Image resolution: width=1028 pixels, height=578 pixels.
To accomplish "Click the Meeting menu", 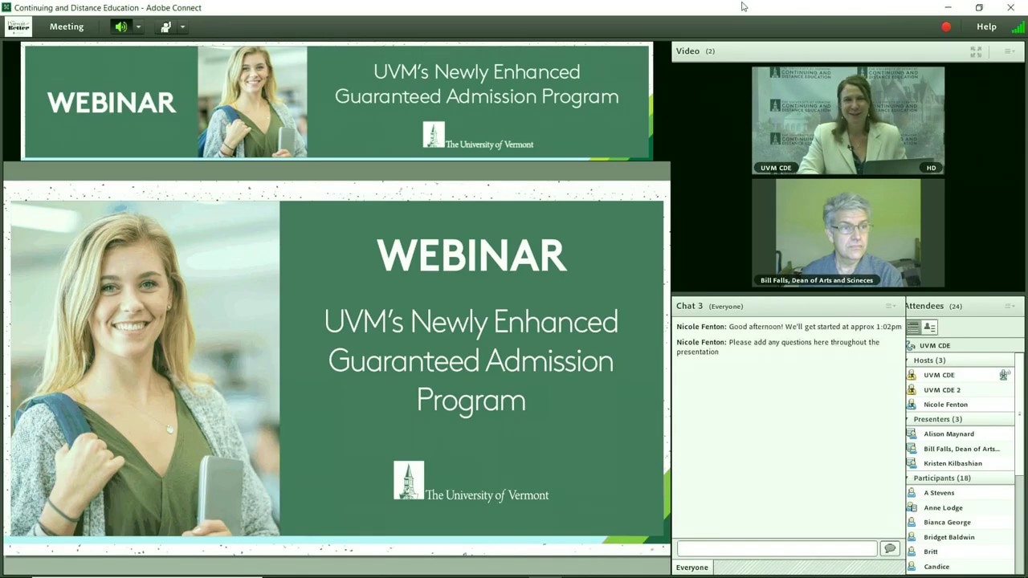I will coord(66,26).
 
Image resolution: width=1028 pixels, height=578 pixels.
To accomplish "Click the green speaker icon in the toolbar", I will coord(120,26).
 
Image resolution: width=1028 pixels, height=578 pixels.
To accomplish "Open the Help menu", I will coord(986,26).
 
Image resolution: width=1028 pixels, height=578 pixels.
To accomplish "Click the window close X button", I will coord(1010,7).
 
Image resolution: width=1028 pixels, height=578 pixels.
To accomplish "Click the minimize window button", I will coord(948,7).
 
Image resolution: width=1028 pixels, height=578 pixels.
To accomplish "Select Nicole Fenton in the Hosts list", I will coord(945,405).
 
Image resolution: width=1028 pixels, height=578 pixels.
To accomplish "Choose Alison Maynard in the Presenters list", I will coord(948,434).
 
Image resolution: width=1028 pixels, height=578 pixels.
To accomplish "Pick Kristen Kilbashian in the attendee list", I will coord(953,463).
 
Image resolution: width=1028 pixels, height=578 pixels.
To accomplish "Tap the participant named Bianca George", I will coord(947,523).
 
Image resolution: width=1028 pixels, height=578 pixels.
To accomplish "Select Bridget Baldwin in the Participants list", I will coord(948,537).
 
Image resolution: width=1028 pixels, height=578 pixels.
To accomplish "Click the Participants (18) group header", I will coord(941,478).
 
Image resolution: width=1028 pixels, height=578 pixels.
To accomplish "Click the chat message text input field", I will coord(777,548).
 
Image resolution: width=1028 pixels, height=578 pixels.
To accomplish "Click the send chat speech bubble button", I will coord(889,548).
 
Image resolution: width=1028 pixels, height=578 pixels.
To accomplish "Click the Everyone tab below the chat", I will coord(692,568).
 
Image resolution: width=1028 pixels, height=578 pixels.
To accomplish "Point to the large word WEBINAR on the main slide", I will coord(471,255).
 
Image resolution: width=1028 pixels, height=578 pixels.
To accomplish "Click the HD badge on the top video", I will coord(931,168).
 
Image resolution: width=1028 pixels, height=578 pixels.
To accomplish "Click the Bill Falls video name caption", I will coord(816,280).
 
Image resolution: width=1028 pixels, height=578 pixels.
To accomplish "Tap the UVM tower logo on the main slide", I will coord(409,480).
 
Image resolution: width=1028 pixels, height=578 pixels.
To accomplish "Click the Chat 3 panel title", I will coord(689,306).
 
